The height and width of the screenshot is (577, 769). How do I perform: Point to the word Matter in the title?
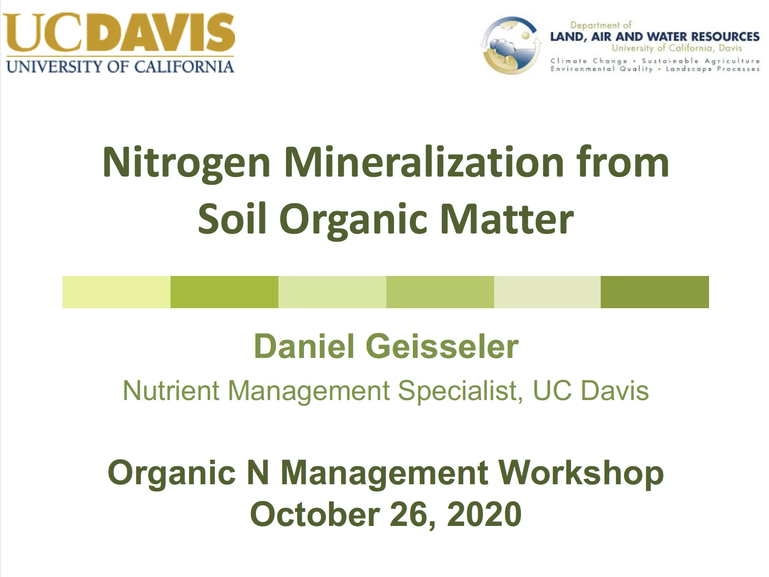click(x=507, y=219)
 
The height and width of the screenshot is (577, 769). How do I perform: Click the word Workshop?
click(x=581, y=474)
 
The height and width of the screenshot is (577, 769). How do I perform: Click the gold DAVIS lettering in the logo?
click(x=166, y=34)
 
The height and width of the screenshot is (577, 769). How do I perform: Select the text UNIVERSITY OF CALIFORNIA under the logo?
click(x=120, y=67)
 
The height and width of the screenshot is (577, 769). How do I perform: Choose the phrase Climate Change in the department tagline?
click(x=589, y=60)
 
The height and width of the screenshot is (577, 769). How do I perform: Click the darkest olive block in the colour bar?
click(x=654, y=292)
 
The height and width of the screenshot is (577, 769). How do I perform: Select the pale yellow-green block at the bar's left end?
click(x=116, y=292)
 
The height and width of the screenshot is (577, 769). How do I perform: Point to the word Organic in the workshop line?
click(x=172, y=474)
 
